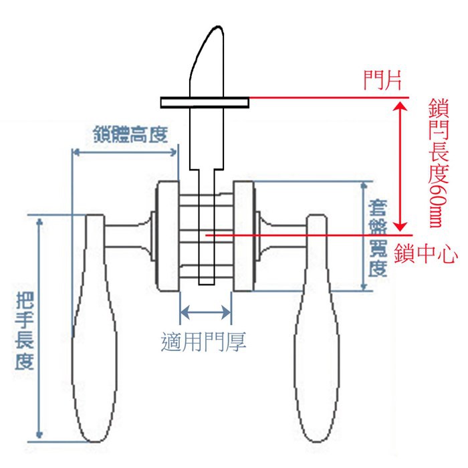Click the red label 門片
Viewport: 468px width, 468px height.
pos(382,81)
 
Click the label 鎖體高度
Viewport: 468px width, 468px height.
pos(128,135)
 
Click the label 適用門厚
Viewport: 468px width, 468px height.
pos(205,342)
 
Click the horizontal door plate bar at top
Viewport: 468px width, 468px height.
pos(205,102)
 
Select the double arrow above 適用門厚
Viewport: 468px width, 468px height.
pos(206,312)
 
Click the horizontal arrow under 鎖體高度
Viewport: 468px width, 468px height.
pos(125,152)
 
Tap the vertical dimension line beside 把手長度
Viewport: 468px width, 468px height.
pos(41,328)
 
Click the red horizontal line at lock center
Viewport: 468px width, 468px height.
pos(301,235)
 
